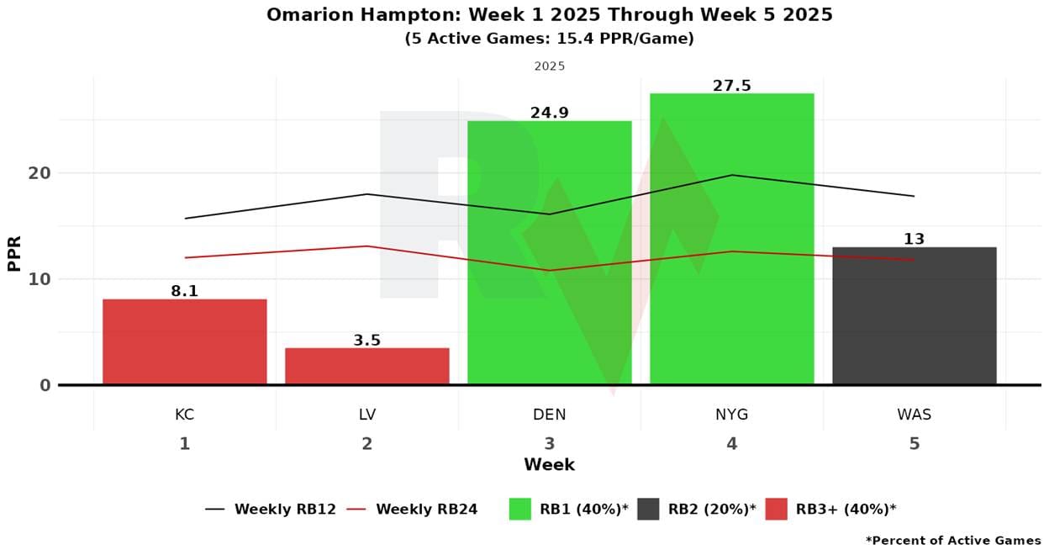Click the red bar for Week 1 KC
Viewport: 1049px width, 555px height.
tap(184, 342)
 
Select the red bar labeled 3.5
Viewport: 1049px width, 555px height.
tap(366, 367)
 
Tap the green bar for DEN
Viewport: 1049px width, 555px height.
tap(549, 252)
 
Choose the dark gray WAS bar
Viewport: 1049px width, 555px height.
tap(914, 316)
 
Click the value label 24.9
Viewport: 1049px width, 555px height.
tap(549, 113)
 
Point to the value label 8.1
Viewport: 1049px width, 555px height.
tap(184, 291)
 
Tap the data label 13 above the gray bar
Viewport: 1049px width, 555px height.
tap(914, 239)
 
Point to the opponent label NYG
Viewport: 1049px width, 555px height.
tap(731, 415)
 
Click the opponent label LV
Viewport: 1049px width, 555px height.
tap(366, 415)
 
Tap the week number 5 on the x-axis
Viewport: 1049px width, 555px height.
tap(914, 443)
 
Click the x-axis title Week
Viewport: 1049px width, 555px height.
tap(549, 464)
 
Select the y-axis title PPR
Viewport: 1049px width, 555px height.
tap(14, 252)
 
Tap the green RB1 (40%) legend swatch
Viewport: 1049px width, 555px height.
tap(520, 509)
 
